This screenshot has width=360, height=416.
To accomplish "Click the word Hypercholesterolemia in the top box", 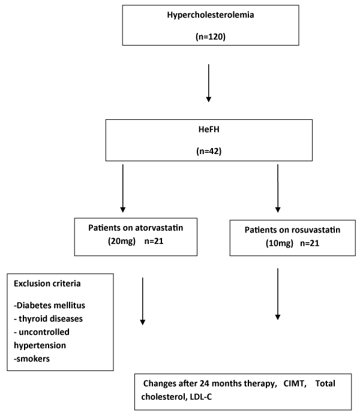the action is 210,15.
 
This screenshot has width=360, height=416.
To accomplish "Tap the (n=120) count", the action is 211,37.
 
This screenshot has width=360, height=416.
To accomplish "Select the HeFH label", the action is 209,129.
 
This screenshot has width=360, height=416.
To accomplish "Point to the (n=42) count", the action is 209,151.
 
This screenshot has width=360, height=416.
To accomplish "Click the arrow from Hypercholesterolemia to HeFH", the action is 209,83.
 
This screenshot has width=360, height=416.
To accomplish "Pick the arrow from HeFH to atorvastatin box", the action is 122,188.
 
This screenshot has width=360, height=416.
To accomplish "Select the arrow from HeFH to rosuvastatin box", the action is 278,188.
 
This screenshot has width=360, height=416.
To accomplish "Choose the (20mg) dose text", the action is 122,241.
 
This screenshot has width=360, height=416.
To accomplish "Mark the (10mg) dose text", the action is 280,243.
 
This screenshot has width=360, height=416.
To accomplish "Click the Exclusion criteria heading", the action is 47,284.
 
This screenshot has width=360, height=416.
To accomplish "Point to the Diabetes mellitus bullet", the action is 49,305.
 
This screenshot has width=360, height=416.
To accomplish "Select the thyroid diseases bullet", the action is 49,319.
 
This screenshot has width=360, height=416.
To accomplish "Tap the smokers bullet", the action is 32,358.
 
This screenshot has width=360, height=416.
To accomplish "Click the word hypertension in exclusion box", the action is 40,345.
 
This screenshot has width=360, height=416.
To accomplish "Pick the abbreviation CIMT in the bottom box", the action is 295,384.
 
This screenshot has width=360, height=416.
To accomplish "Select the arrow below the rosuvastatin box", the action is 278,294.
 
